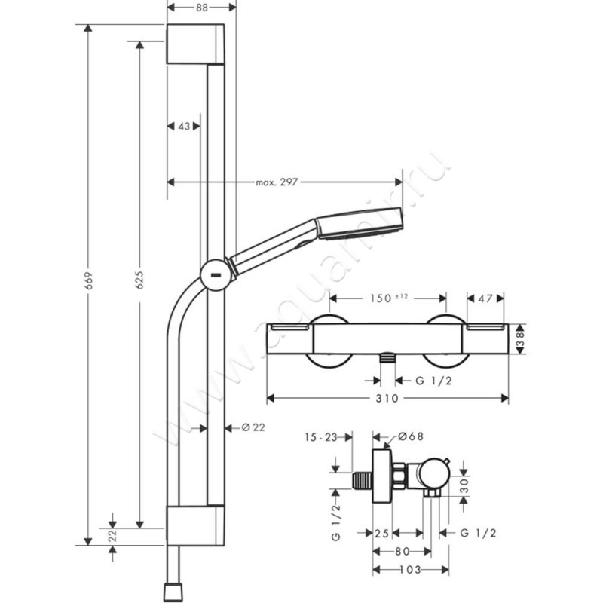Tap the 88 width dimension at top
[x=200, y=8]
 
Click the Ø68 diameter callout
[x=409, y=436]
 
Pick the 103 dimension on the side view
[x=412, y=571]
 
